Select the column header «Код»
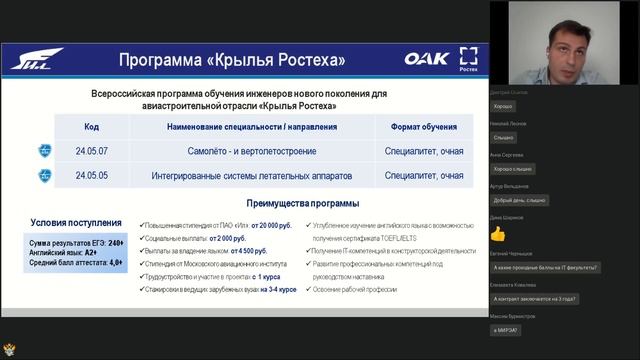(x=92, y=128)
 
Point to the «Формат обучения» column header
(x=423, y=128)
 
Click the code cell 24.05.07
(x=92, y=151)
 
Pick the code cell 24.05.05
(x=92, y=175)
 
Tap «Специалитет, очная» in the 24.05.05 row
(x=423, y=175)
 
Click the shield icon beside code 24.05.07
(x=44, y=151)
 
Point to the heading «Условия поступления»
(x=77, y=223)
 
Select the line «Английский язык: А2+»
(x=62, y=254)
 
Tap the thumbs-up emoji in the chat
(x=498, y=234)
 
